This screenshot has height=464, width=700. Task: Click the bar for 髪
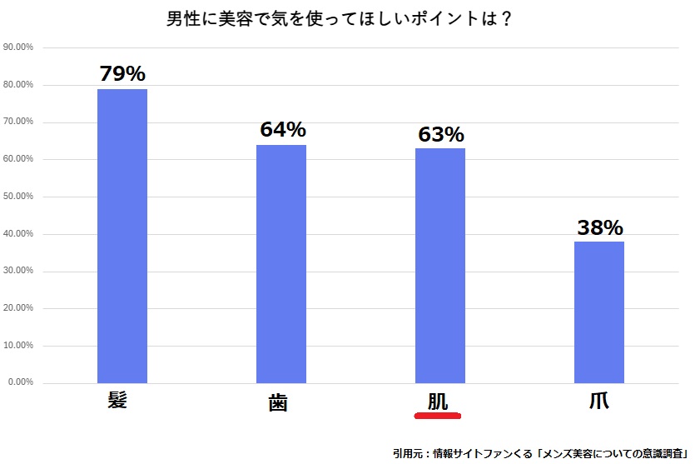(x=122, y=236)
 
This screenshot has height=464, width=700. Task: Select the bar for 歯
(x=281, y=264)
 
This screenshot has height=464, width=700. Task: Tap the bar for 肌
(x=439, y=266)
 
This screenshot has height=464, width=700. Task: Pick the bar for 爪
(x=598, y=312)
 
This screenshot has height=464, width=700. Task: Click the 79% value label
(x=122, y=73)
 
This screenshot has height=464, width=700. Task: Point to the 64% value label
(x=282, y=130)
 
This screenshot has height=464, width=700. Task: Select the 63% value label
(x=440, y=133)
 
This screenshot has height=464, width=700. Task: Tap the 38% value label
(x=599, y=227)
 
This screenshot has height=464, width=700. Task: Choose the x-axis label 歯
(x=278, y=402)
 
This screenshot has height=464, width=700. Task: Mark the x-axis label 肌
(x=438, y=400)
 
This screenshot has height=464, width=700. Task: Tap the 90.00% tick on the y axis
(x=18, y=47)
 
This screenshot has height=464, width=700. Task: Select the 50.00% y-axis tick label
(x=18, y=197)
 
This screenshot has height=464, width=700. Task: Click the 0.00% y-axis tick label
(x=20, y=382)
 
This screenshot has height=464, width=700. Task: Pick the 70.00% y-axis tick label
(x=18, y=122)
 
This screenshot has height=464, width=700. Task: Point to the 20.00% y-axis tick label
(x=18, y=308)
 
